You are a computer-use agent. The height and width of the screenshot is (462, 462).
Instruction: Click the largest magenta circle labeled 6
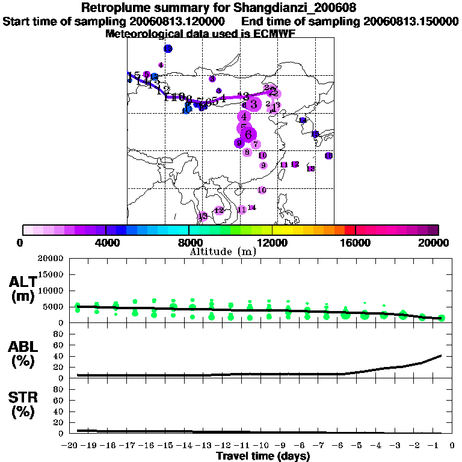(248, 135)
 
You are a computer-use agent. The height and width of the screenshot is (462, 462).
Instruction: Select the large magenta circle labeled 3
(254, 104)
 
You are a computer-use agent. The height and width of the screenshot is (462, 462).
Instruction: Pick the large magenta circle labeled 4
(244, 116)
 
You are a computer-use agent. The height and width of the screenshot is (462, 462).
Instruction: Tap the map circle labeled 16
(328, 156)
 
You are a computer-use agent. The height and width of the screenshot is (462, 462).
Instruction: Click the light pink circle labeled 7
(256, 144)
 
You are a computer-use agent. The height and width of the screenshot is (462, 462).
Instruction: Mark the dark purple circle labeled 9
(239, 143)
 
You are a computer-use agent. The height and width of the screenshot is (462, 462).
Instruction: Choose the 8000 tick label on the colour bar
(189, 242)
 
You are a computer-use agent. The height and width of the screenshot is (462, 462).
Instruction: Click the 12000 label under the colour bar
(272, 242)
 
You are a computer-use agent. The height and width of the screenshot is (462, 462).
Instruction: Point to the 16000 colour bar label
(356, 242)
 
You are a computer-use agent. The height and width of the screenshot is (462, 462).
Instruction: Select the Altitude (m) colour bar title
(223, 251)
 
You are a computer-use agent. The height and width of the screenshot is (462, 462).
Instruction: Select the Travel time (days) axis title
(263, 457)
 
